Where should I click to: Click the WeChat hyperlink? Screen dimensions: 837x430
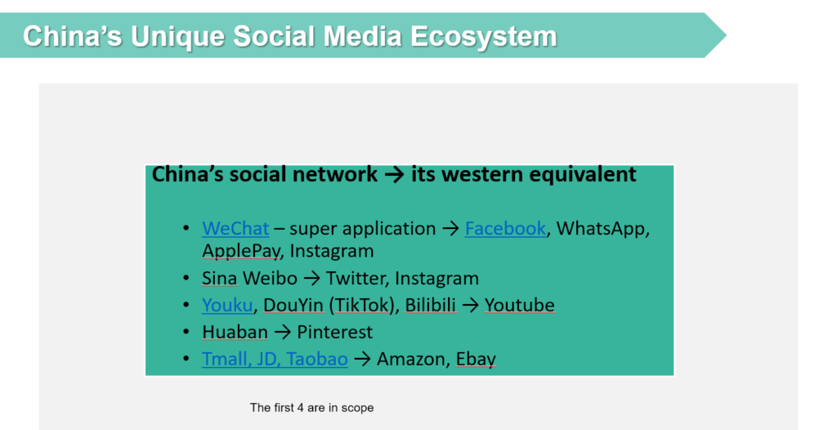pos(235,229)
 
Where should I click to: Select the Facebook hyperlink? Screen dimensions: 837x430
pos(505,229)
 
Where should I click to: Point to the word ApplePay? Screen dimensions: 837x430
pos(241,251)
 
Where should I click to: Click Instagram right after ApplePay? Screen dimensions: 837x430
pos(332,251)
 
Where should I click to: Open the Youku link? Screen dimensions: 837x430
pos(227,305)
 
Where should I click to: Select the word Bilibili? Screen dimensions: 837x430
pos(431,305)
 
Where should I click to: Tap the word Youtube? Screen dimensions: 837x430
pos(519,305)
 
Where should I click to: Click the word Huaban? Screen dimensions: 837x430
pos(235,332)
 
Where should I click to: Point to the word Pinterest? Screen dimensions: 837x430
pos(334,332)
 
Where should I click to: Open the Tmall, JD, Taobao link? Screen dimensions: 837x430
pos(275,359)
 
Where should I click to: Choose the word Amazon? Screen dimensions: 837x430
pos(411,359)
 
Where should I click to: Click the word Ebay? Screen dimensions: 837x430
pos(476,360)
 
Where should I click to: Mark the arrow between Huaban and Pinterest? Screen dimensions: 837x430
pos(282,333)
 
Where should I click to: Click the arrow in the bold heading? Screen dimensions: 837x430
pos(395,175)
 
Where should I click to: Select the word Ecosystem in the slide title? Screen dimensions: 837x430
pos(484,36)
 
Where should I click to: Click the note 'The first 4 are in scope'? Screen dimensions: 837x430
pos(311,408)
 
